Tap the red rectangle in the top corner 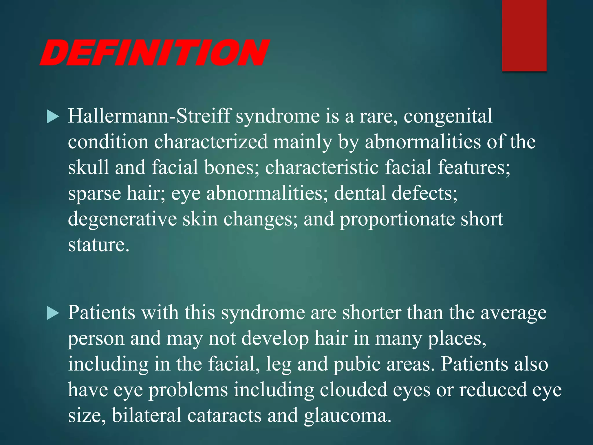524,35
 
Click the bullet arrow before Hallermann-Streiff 53,117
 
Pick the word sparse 94,194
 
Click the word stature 98,245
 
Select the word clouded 353,390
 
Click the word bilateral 147,415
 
